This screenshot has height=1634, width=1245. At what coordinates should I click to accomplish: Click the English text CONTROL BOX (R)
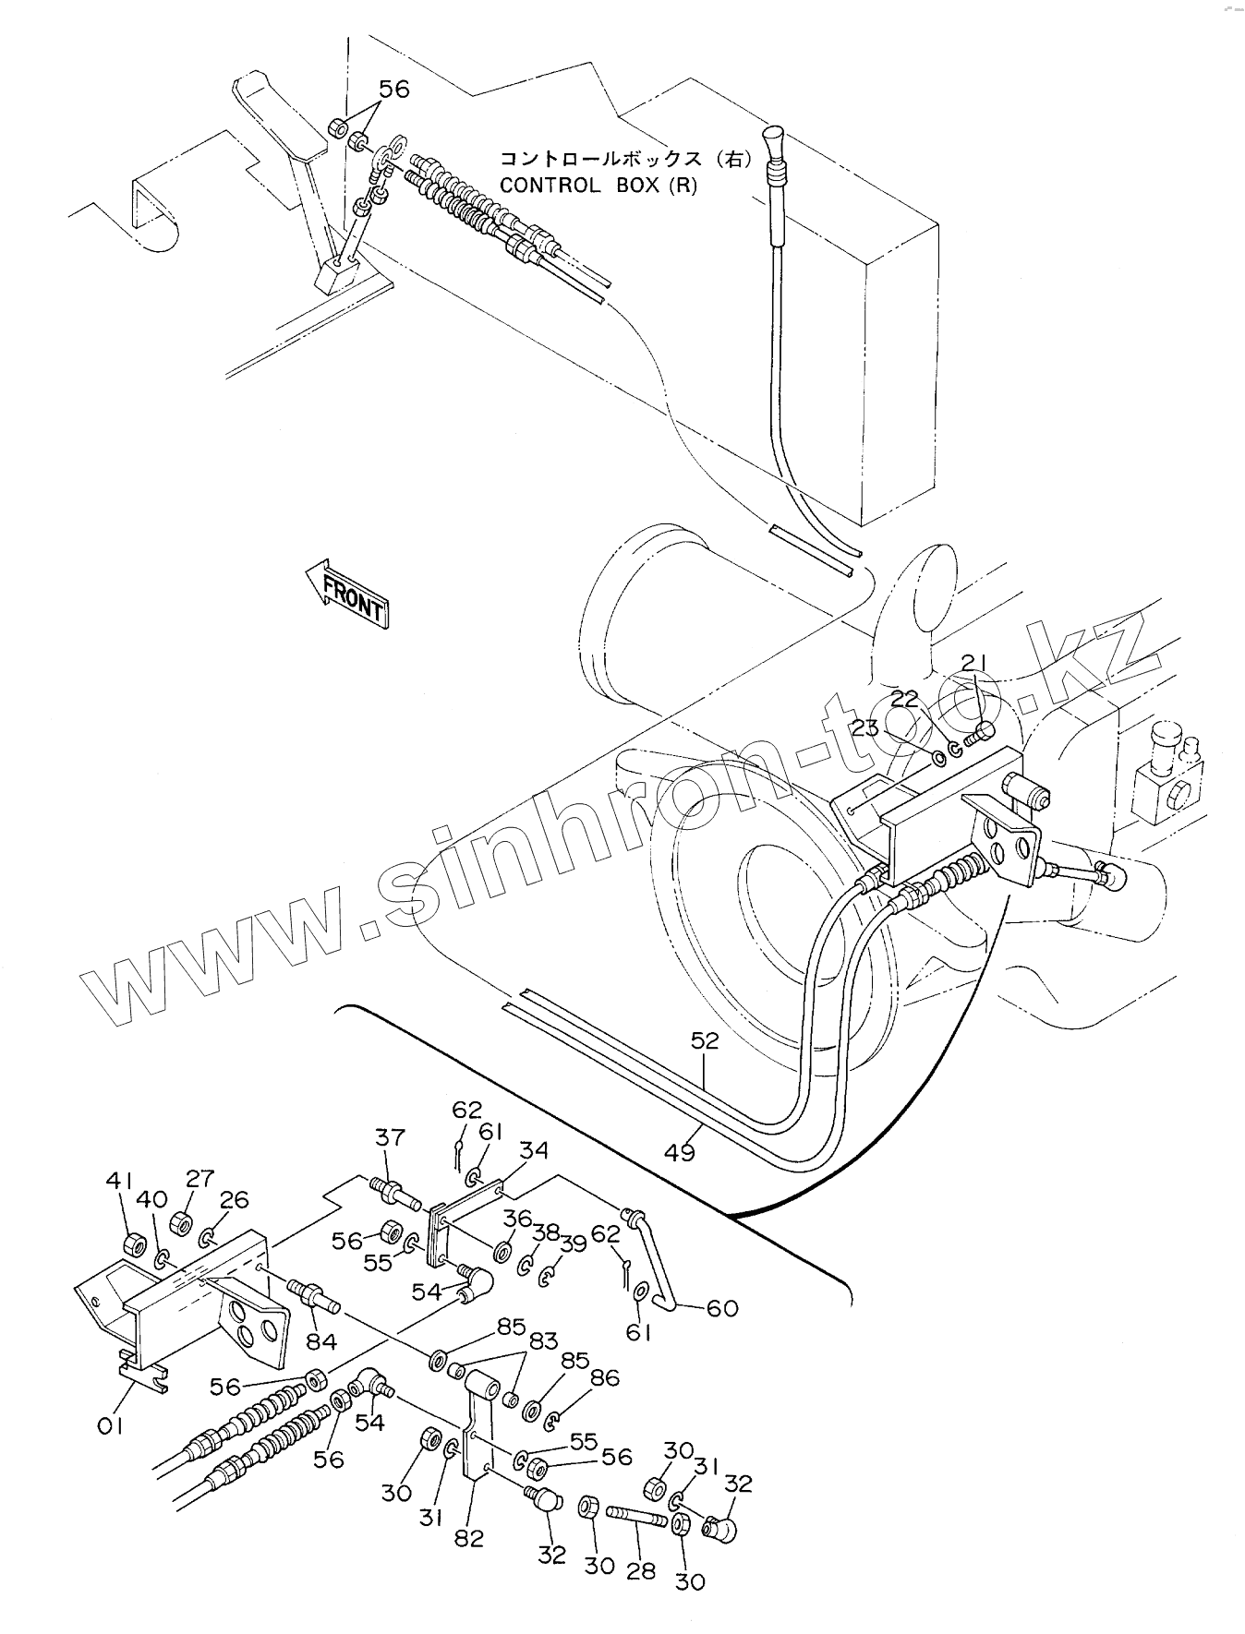click(x=598, y=185)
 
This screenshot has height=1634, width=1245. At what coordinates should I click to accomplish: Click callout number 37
click(x=389, y=1137)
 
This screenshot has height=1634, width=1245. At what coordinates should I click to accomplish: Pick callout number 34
click(x=533, y=1150)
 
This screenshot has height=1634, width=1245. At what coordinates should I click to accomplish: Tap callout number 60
click(x=722, y=1308)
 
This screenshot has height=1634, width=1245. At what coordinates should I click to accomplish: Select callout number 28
click(x=640, y=1568)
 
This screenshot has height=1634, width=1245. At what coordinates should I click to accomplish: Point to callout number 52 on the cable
click(x=705, y=1040)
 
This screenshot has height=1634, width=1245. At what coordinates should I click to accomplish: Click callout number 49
click(x=680, y=1151)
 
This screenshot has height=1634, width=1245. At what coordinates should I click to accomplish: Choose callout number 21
click(x=974, y=662)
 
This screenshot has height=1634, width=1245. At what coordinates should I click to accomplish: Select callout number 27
click(x=199, y=1178)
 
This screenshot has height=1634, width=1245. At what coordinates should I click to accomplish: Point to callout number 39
click(x=573, y=1244)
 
